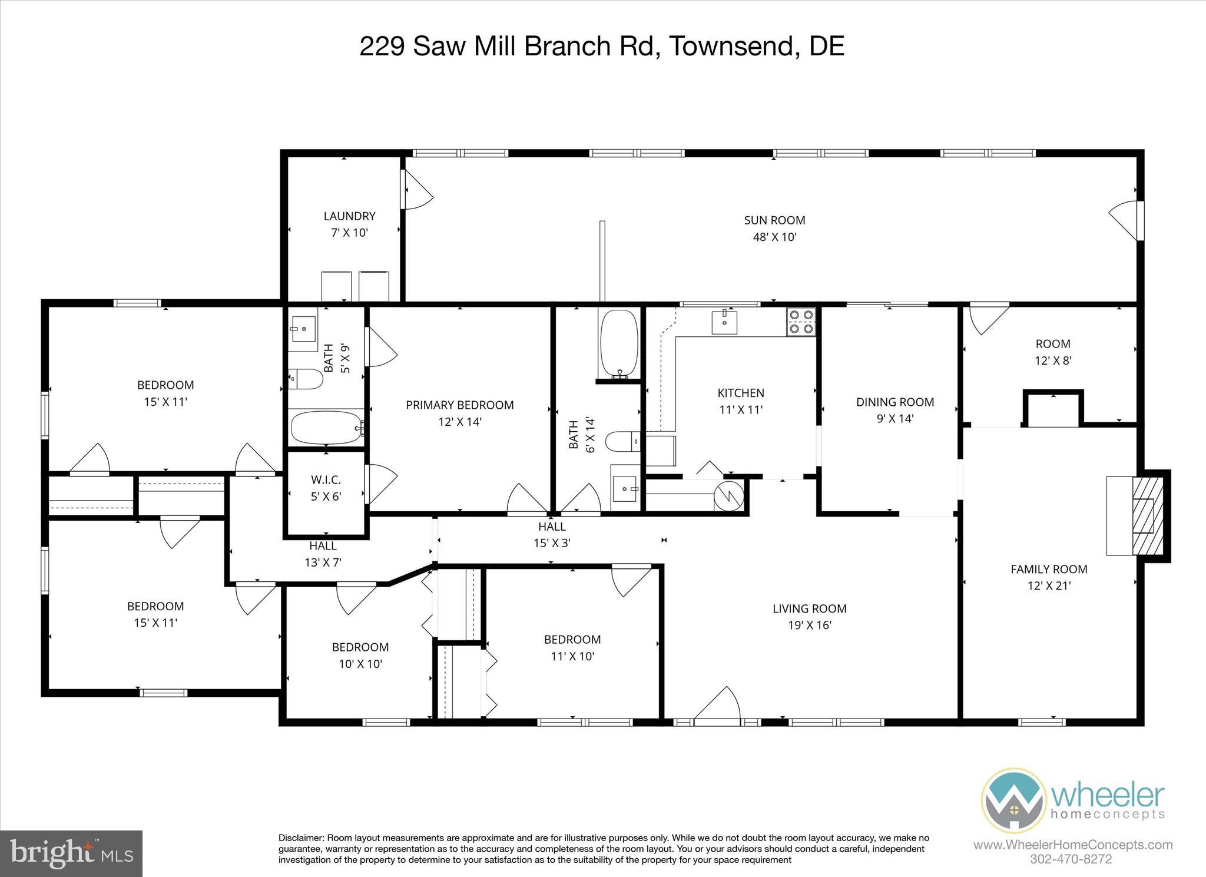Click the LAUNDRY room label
pos(349,216)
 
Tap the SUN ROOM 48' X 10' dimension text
pos(774,237)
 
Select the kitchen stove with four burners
pos(801,322)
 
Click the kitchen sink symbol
pos(724,322)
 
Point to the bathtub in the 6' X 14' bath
pos(619,344)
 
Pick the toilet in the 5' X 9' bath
pos(306,379)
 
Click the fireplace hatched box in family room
pos(1144,515)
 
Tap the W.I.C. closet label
pos(326,480)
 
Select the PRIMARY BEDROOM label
pos(459,405)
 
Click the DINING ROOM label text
pos(894,402)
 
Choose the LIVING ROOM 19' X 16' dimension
pos(809,626)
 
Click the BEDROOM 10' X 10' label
pos(360,647)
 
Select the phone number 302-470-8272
pos(1071,859)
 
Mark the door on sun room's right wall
pos(1127,220)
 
